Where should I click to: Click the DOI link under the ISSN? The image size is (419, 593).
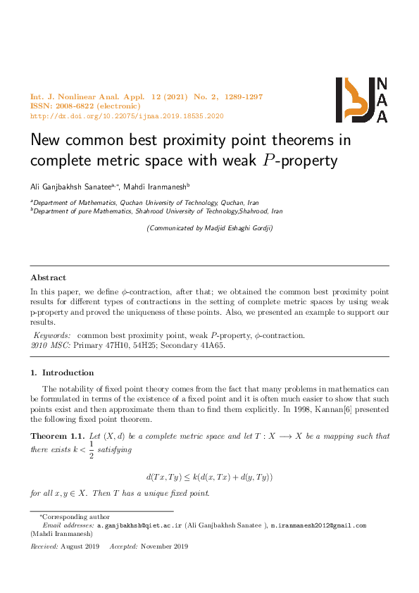click(127, 116)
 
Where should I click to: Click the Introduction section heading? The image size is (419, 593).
click(68, 373)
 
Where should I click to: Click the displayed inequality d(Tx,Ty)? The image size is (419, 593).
click(209, 477)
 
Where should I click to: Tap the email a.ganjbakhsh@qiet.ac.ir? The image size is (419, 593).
click(139, 525)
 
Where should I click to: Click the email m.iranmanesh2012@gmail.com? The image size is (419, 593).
click(319, 525)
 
